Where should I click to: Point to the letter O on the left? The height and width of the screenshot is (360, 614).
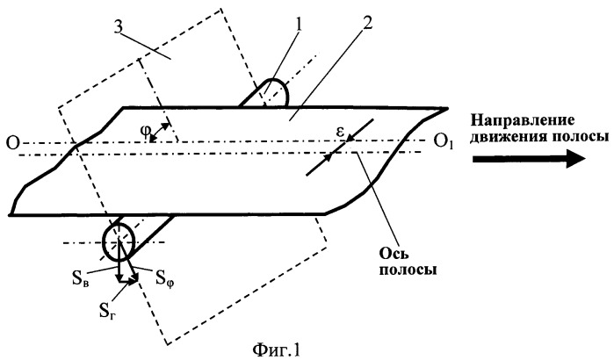[12, 144]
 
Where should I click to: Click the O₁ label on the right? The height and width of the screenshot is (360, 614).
[444, 141]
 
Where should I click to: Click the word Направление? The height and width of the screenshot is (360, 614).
[523, 120]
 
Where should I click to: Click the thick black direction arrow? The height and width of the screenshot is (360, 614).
[529, 159]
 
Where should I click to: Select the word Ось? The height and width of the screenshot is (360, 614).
[394, 254]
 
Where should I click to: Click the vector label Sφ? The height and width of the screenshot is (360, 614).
[165, 278]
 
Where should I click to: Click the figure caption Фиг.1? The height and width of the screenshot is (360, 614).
[277, 349]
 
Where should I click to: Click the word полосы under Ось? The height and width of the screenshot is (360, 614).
[408, 270]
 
